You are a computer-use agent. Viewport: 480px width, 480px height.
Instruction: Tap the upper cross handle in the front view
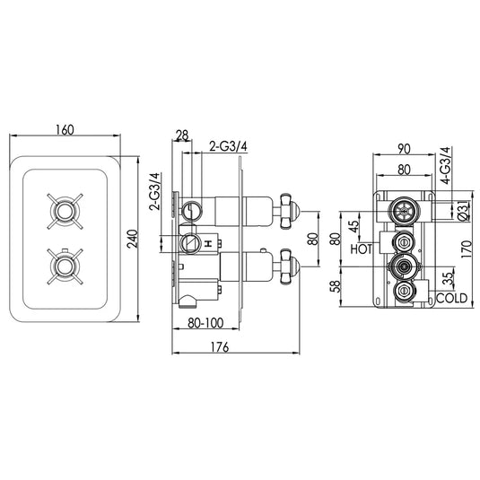tap(64, 212)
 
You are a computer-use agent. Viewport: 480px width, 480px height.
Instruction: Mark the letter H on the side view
tap(208, 243)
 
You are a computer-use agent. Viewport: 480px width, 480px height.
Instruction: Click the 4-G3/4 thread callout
tap(445, 168)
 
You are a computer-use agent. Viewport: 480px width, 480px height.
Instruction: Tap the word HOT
tap(362, 248)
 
